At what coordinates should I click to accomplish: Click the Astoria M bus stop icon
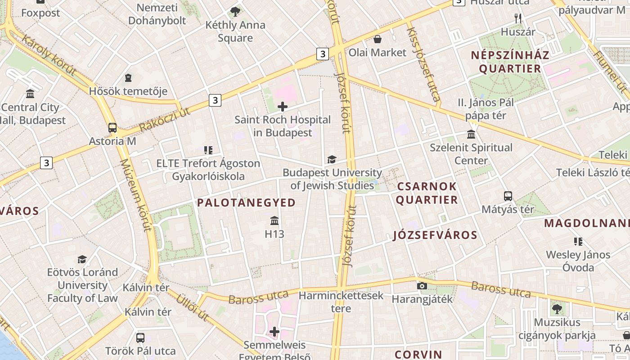112,128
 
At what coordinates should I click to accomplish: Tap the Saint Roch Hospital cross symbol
283,107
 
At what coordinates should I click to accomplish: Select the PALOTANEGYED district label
246,202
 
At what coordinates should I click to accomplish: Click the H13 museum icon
274,220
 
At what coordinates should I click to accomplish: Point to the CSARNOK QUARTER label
427,193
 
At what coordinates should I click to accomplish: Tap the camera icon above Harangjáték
422,286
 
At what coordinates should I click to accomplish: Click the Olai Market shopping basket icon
378,40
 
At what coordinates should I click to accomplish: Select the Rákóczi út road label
165,120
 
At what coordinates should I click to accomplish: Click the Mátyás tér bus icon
508,196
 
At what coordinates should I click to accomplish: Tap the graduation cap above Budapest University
332,159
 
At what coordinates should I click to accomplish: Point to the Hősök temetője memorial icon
128,78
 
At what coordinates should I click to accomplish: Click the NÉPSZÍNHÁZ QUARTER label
510,62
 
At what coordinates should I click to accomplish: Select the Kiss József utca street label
423,65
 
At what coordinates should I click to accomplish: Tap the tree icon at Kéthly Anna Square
235,12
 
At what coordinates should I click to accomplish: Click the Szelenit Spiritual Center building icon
471,134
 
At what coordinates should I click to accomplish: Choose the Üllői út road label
192,307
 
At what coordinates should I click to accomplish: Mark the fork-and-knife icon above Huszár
518,18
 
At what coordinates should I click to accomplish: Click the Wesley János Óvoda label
578,261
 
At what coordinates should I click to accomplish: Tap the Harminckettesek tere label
341,302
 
